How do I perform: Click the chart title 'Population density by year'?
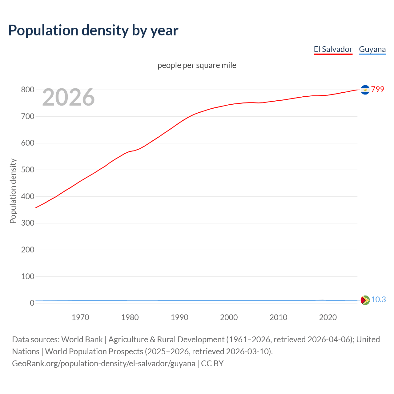pyautogui.click(x=93, y=30)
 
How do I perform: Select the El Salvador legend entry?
pyautogui.click(x=333, y=49)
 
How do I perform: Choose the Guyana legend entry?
pyautogui.click(x=372, y=49)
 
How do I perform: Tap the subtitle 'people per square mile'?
pyautogui.click(x=197, y=65)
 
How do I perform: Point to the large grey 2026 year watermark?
pyautogui.click(x=68, y=97)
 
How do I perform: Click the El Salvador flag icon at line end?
pyautogui.click(x=365, y=90)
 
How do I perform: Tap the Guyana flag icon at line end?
pyautogui.click(x=365, y=300)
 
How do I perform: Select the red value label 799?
pyautogui.click(x=378, y=89)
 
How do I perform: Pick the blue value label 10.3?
pyautogui.click(x=378, y=300)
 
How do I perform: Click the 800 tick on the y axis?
pyautogui.click(x=28, y=90)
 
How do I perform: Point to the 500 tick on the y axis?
pyautogui.click(x=28, y=170)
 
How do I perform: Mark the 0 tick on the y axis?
pyautogui.click(x=32, y=303)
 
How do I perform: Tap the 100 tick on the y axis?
pyautogui.click(x=28, y=276)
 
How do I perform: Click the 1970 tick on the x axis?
pyautogui.click(x=80, y=317)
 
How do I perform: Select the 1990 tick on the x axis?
pyautogui.click(x=179, y=317)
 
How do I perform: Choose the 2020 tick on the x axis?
pyautogui.click(x=328, y=317)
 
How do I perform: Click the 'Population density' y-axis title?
pyautogui.click(x=13, y=191)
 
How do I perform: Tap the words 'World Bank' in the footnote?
pyautogui.click(x=82, y=340)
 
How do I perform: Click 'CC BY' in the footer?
pyautogui.click(x=212, y=364)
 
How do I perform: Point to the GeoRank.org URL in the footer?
pyautogui.click(x=103, y=364)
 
